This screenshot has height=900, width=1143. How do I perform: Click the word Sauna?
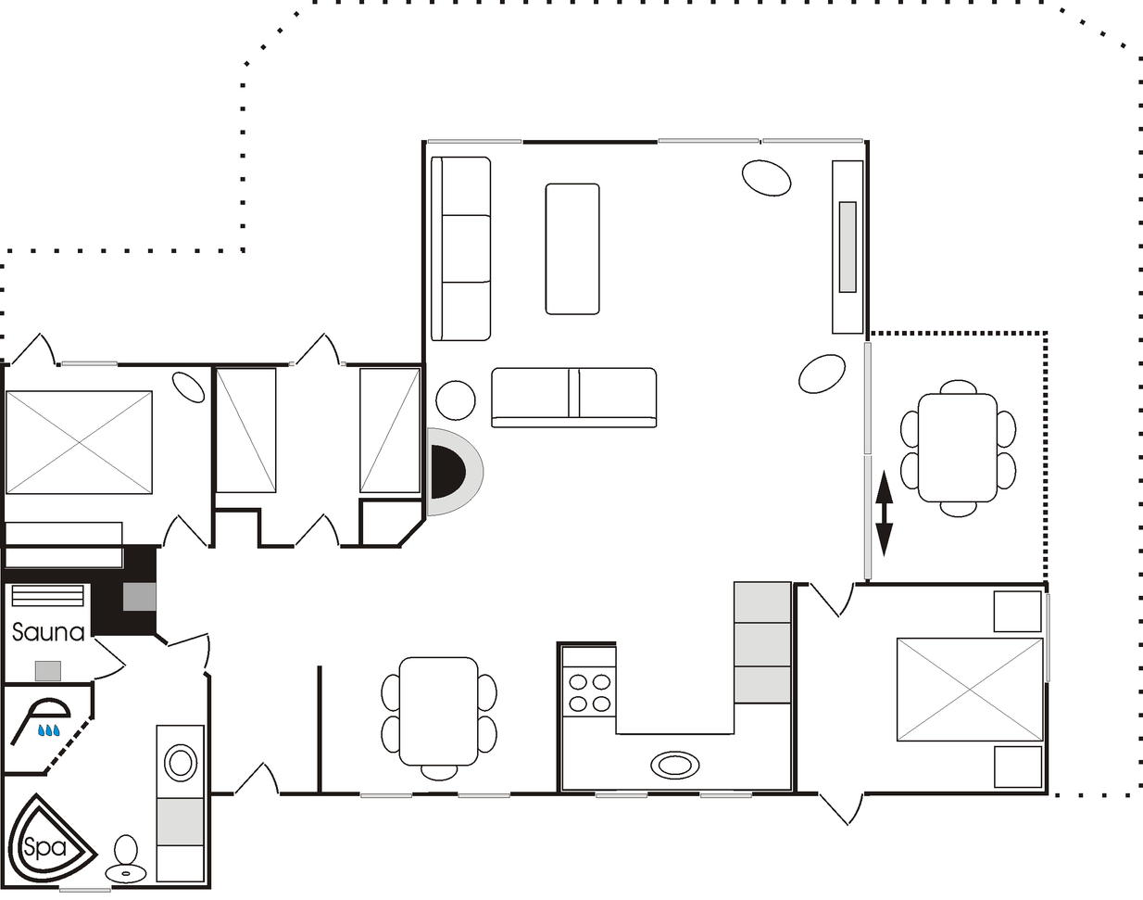click(x=48, y=632)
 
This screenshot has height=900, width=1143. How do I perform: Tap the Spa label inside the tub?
click(x=44, y=845)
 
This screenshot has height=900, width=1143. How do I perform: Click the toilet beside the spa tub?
click(x=126, y=859)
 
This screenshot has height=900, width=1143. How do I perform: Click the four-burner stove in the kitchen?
click(x=589, y=692)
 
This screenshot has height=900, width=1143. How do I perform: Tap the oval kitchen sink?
click(x=674, y=766)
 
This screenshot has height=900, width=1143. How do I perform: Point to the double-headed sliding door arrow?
click(x=884, y=513)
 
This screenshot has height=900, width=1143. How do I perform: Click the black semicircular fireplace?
click(x=447, y=472)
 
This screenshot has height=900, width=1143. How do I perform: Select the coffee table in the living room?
click(x=572, y=248)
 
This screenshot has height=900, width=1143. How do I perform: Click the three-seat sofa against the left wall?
click(x=460, y=248)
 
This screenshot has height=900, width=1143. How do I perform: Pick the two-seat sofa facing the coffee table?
click(x=573, y=397)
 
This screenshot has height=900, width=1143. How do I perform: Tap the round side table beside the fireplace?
click(x=455, y=400)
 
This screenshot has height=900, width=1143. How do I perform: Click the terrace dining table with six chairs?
click(x=958, y=448)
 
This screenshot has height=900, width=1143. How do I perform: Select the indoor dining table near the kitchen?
click(x=439, y=711)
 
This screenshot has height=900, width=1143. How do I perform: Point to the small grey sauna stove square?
click(x=48, y=671)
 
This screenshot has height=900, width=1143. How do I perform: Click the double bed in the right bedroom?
click(x=970, y=690)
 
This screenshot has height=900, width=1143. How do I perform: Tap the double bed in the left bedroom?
click(x=79, y=443)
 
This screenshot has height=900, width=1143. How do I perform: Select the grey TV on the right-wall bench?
click(x=848, y=247)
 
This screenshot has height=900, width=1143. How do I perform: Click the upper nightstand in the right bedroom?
click(x=1017, y=612)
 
